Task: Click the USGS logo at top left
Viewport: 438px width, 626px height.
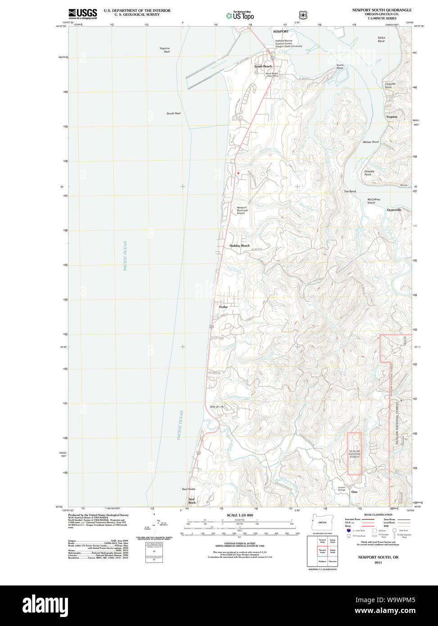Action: coord(82,14)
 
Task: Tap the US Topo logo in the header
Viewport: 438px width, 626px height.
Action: coord(240,15)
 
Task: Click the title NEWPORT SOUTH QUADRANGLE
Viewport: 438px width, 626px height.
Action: coord(382,10)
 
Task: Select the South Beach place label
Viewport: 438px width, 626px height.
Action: coord(263,66)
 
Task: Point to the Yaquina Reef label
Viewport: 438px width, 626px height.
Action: coord(164,50)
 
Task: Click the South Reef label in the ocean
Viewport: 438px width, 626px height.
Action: coord(173,113)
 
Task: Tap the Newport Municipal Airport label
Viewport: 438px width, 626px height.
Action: coord(242,210)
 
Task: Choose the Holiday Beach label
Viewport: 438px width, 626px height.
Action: coord(239,245)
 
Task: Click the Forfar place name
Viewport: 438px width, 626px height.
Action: coord(223,307)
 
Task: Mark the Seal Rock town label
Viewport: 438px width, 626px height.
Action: coord(192,500)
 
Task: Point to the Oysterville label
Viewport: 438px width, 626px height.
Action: coord(394,210)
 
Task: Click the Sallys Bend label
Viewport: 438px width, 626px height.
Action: coord(381,39)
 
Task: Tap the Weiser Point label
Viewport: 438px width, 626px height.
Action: coord(370,142)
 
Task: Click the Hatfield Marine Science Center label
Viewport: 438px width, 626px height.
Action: coord(289,43)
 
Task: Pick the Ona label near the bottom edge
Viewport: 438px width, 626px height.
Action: coord(354,492)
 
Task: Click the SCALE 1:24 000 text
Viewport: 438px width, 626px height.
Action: coord(239,515)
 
